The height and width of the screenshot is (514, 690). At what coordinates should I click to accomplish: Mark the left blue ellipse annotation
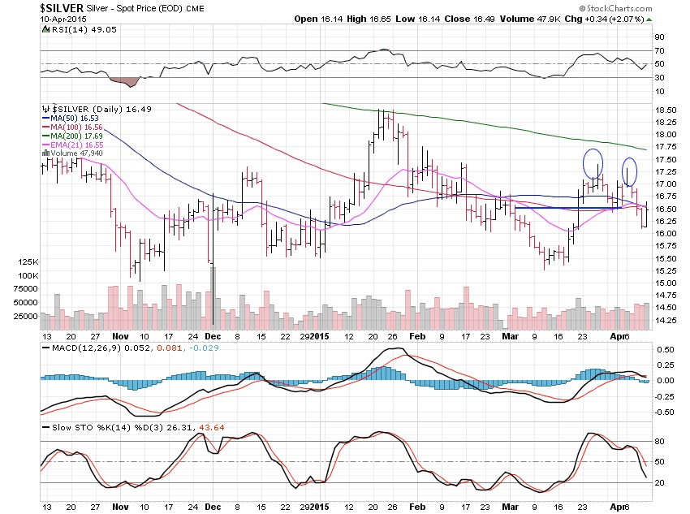coord(593,163)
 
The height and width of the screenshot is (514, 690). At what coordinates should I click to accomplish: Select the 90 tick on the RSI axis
coord(660,37)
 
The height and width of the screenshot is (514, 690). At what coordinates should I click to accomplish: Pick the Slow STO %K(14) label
coord(80,427)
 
